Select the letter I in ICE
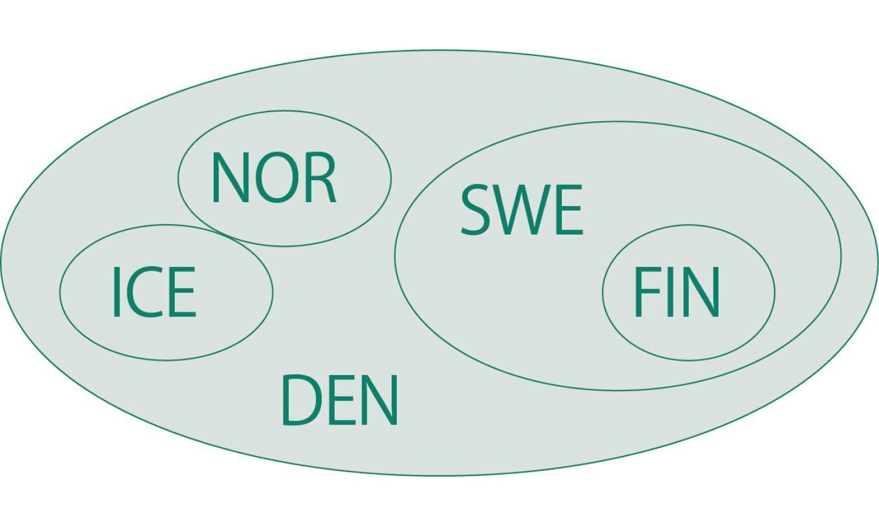(117, 292)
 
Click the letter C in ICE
(143, 292)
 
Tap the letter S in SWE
(476, 209)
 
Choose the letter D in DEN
(300, 400)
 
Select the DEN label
(340, 400)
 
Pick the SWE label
(521, 209)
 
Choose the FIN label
(676, 292)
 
